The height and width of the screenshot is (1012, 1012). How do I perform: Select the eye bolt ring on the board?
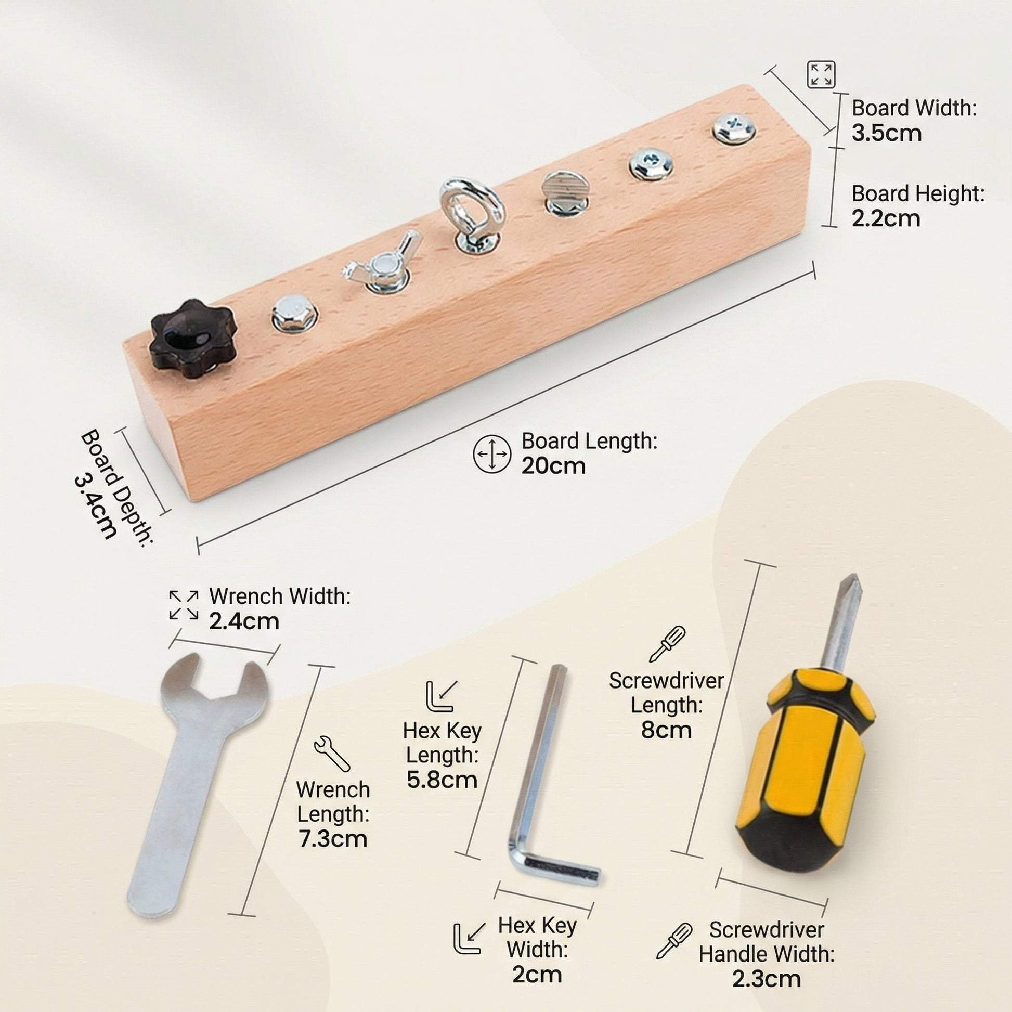472,209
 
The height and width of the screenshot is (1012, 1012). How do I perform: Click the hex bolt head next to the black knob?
294,313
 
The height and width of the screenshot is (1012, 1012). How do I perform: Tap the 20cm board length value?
553,465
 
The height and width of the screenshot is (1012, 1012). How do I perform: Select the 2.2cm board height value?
886,218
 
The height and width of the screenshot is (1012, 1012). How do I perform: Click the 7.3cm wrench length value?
333,839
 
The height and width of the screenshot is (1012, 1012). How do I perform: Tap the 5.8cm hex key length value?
442,780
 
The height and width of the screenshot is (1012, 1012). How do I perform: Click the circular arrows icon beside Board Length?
491,453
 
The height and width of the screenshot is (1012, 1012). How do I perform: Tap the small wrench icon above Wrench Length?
332,753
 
